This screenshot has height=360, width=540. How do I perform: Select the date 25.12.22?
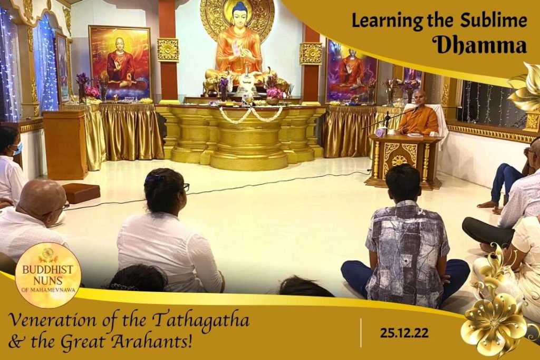click(x=404, y=333)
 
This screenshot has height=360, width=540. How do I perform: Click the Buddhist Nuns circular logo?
click(x=48, y=275)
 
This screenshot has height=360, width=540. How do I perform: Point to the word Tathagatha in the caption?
click(x=201, y=320)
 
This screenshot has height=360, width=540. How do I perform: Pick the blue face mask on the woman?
click(x=18, y=149)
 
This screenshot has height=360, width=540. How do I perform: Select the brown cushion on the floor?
click(x=81, y=192)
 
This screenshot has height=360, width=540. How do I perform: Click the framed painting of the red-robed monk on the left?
click(x=120, y=63)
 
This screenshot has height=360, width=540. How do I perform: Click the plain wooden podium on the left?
click(x=65, y=144)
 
